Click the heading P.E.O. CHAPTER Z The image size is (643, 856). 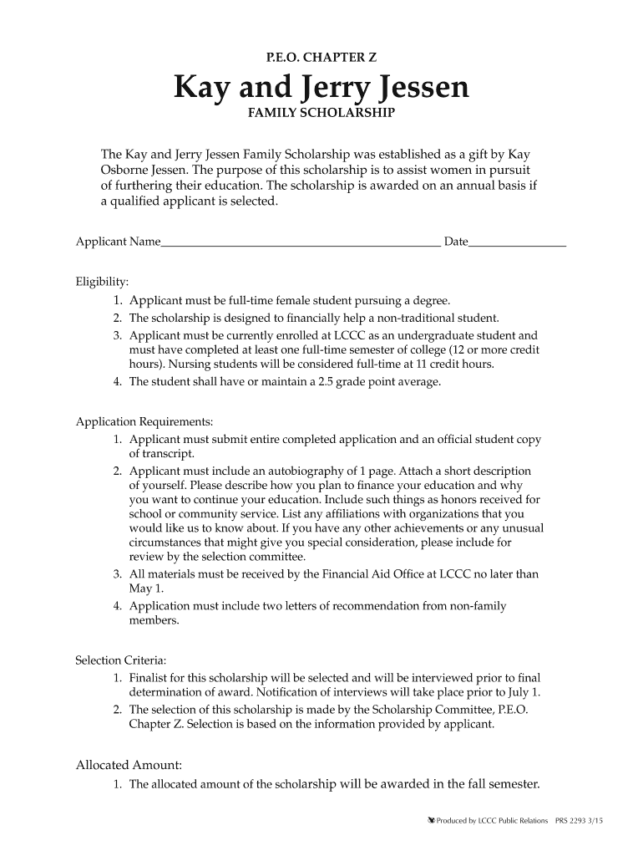point(321,58)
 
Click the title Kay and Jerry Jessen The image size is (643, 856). point(321,87)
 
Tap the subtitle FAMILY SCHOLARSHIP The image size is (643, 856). point(321,113)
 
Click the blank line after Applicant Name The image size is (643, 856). point(301,242)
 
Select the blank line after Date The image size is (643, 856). point(518,242)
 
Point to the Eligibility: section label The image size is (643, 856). point(102,282)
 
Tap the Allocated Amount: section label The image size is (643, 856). point(129,765)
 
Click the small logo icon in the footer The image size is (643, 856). point(431,821)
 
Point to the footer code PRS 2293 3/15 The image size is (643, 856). point(591,821)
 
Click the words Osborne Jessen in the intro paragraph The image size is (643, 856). point(142,171)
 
